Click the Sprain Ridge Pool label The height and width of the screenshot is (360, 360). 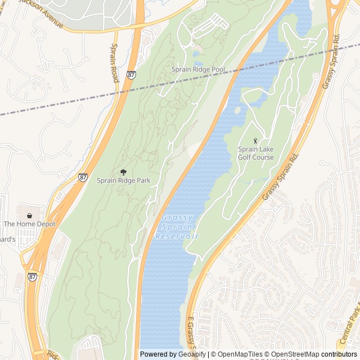198,70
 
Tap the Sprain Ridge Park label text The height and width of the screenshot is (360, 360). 123,181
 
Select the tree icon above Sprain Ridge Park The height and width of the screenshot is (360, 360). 123,172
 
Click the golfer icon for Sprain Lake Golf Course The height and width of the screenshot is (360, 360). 255,141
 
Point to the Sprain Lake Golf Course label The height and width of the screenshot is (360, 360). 255,154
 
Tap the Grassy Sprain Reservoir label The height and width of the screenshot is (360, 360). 177,227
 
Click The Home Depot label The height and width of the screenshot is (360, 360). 30,224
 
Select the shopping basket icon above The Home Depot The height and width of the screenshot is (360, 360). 30,215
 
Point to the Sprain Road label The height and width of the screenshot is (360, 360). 115,63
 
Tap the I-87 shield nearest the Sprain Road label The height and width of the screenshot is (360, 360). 131,74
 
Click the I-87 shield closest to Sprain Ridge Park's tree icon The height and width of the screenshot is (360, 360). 83,177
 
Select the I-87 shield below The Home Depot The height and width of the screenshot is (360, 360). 33,277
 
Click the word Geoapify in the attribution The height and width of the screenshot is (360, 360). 192,354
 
